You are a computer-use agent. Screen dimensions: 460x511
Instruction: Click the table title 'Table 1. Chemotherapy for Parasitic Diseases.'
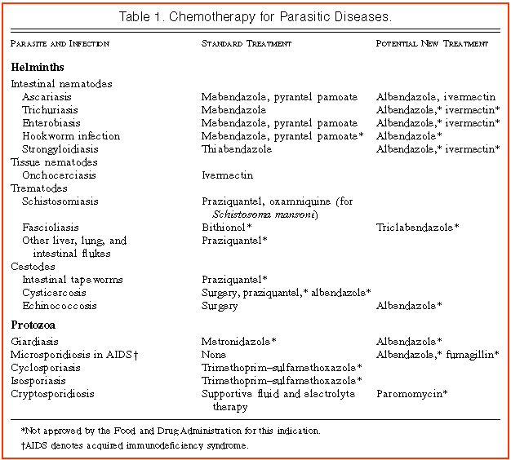(255, 16)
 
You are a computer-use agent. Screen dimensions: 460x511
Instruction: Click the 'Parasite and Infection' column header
(60, 43)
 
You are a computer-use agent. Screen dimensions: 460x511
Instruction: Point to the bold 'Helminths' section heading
(38, 67)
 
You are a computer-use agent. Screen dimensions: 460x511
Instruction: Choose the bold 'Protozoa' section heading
(34, 324)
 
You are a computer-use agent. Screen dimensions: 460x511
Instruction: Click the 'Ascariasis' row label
(47, 97)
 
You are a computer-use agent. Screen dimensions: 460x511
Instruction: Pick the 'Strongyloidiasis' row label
(60, 149)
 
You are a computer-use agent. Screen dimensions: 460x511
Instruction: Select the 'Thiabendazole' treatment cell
(237, 149)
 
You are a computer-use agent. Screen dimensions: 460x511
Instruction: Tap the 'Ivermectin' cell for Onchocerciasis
(227, 175)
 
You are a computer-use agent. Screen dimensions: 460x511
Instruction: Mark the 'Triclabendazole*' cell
(417, 228)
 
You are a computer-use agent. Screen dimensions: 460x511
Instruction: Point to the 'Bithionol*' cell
(226, 228)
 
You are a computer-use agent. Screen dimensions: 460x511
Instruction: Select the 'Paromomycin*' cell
(411, 394)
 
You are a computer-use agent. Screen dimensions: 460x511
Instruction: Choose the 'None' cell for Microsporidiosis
(214, 355)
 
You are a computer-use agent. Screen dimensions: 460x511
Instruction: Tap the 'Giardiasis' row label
(35, 342)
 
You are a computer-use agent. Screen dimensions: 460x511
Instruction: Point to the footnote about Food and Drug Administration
(171, 430)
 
